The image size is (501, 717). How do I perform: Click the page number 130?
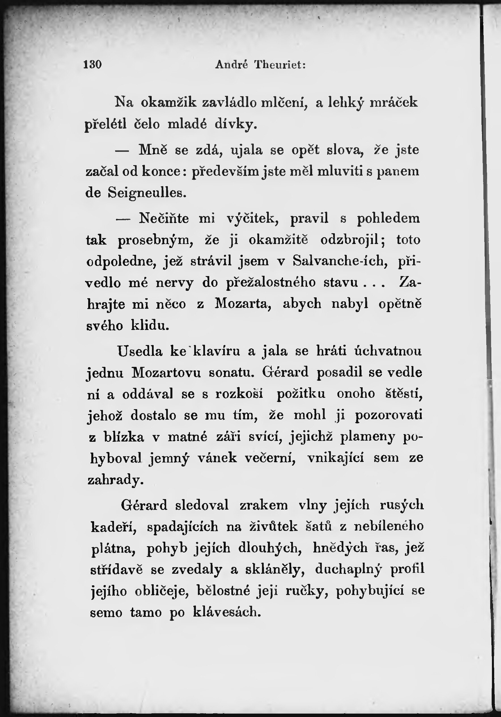93,65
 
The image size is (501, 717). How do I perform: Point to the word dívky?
236,125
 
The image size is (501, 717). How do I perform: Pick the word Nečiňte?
164,218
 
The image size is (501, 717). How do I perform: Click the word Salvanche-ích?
340,261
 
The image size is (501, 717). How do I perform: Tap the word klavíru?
217,352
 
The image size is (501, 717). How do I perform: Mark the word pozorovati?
389,416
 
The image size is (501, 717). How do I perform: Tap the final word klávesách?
227,612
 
